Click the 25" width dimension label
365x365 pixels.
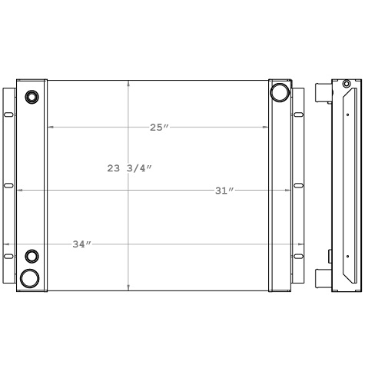coord(159,128)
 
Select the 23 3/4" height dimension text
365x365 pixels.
coord(129,168)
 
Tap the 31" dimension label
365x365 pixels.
coord(224,191)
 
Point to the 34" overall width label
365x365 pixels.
coord(81,244)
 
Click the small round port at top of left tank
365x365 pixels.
coord(32,97)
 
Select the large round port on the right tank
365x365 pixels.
coord(278,93)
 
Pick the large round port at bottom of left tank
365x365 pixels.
coord(31,277)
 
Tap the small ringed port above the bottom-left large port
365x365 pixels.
coord(32,256)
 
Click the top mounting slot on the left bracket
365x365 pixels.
coord(8,114)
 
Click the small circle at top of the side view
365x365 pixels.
coord(347,84)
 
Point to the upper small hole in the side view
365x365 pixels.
coord(347,114)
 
